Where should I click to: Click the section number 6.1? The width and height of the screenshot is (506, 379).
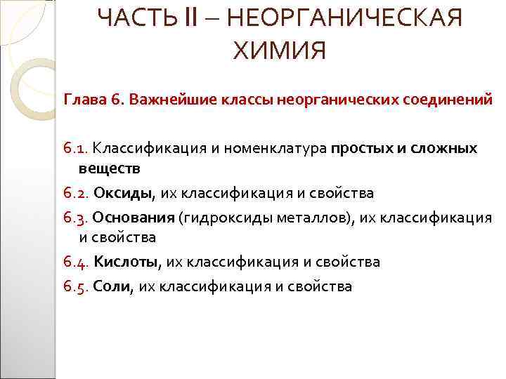coord(76,149)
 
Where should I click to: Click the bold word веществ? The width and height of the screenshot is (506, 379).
coord(109,168)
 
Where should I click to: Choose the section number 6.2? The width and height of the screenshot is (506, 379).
coord(76,192)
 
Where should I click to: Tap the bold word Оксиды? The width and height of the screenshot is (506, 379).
coord(123,192)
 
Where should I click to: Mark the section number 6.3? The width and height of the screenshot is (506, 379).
coord(76,217)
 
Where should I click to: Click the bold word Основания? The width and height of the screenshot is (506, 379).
coord(134,217)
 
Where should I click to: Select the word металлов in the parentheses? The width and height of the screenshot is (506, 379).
coord(320,217)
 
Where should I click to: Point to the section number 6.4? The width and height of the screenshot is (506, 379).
coord(76,262)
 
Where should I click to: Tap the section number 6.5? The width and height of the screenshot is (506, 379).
coord(76,286)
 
